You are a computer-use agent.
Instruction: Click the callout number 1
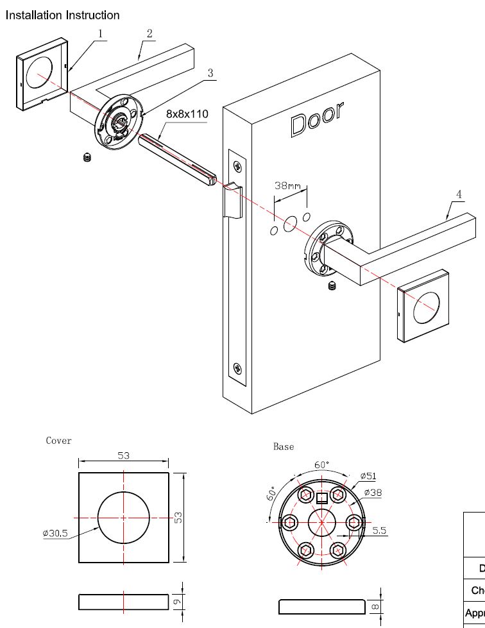(x=100, y=32)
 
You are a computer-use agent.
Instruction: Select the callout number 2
(x=149, y=33)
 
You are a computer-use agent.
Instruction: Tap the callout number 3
(x=210, y=73)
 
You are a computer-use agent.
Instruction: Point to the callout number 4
(x=458, y=194)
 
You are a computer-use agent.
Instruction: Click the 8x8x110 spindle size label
(x=187, y=114)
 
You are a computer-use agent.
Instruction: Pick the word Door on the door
(x=317, y=119)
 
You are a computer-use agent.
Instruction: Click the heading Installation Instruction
(x=63, y=15)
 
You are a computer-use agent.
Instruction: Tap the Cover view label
(x=59, y=441)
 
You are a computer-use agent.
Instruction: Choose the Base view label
(x=284, y=446)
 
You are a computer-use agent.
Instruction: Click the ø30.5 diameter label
(x=55, y=533)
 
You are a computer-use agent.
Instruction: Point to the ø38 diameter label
(x=373, y=493)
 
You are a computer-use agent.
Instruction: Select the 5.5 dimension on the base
(x=379, y=530)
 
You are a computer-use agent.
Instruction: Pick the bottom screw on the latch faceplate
(x=238, y=369)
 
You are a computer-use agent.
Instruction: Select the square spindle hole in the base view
(x=322, y=498)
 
